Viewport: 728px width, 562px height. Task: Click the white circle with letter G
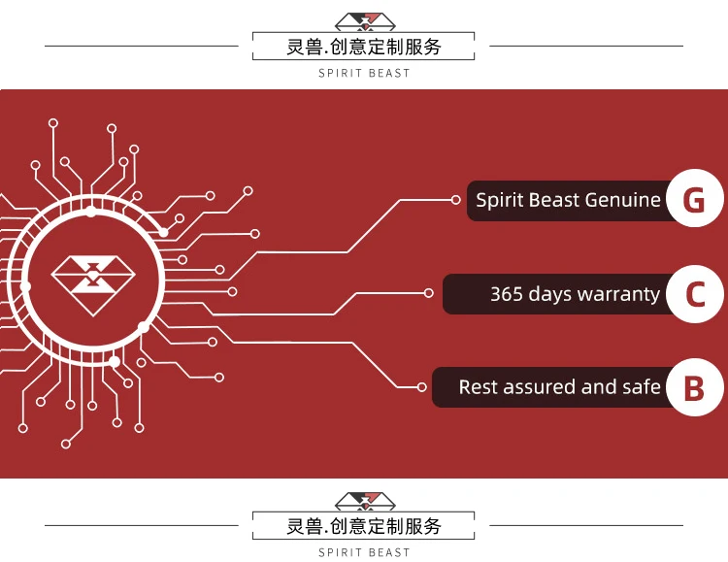coord(694,201)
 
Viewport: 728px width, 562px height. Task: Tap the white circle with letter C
coord(694,294)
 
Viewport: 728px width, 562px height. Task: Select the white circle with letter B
coord(694,388)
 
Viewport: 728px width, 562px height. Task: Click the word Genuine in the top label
coord(621,201)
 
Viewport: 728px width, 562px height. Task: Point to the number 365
coord(507,294)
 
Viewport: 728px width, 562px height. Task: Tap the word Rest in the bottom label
coord(478,387)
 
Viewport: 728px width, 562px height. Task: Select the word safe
coord(642,387)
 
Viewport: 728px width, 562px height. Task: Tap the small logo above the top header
coord(364,21)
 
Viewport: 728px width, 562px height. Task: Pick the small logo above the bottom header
coord(364,501)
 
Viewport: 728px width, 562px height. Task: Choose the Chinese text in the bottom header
coord(364,527)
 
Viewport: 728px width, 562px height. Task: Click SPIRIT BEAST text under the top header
coord(364,74)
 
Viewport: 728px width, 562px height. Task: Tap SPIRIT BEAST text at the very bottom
coord(364,552)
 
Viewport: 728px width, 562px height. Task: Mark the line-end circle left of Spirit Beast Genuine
coord(455,200)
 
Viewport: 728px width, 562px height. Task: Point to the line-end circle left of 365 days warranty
coord(429,292)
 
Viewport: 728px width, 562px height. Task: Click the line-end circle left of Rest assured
coord(421,387)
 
